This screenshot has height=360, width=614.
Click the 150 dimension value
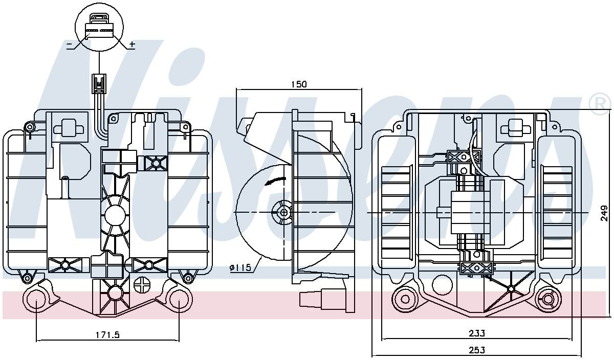tap(299, 84)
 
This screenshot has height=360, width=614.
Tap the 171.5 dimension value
tap(107, 334)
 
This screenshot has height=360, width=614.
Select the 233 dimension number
tap(477, 333)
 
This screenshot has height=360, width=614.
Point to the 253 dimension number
tap(477, 350)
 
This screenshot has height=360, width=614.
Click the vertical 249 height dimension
tap(604, 213)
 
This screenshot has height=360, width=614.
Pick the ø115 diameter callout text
tap(240, 267)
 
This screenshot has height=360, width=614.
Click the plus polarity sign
tap(132, 44)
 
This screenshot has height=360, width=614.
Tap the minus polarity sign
tap(70, 44)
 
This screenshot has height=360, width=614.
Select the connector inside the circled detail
tap(99, 27)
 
